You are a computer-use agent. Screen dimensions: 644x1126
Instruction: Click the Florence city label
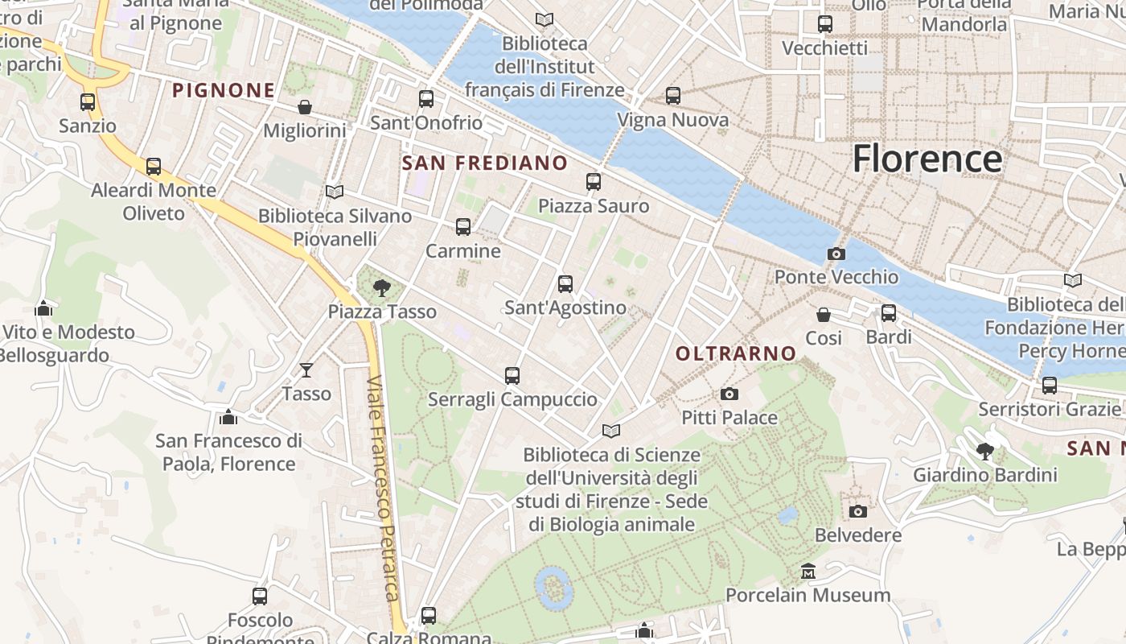(x=927, y=159)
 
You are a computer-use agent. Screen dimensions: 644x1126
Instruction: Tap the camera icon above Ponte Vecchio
(x=836, y=254)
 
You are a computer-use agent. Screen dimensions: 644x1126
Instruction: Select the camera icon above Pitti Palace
(x=729, y=394)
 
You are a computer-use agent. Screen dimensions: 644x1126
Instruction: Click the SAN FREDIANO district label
(x=484, y=163)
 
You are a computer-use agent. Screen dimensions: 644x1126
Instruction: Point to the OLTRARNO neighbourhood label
(x=736, y=353)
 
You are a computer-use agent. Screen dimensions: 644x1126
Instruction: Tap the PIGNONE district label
(x=224, y=90)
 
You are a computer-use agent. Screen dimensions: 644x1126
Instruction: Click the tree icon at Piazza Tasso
(x=382, y=287)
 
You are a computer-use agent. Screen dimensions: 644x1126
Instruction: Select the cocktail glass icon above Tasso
(x=306, y=370)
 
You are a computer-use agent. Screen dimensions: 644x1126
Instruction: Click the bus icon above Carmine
(x=462, y=227)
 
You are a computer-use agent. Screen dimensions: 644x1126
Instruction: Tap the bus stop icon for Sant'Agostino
(x=565, y=283)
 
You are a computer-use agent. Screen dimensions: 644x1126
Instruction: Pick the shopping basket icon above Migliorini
(x=305, y=107)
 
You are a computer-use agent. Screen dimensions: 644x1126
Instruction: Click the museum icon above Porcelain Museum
(x=808, y=572)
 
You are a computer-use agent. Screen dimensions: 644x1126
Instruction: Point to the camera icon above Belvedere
(x=857, y=511)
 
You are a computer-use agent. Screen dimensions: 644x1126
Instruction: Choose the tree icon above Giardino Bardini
(x=984, y=451)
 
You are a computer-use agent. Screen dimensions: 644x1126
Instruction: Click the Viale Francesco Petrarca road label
(x=384, y=489)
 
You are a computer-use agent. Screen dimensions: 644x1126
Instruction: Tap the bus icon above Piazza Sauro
(x=593, y=182)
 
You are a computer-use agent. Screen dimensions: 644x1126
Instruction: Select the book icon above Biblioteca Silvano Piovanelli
(x=334, y=192)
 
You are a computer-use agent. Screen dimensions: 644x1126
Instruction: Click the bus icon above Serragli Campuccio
(x=512, y=375)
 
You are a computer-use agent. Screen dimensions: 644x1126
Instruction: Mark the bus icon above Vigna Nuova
(x=672, y=96)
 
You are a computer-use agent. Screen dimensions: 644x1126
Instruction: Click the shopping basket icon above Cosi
(x=823, y=314)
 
